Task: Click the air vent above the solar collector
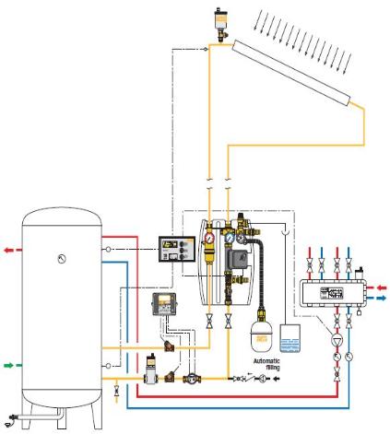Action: [220, 25]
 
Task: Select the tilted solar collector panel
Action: [291, 73]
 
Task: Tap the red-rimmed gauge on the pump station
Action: [209, 238]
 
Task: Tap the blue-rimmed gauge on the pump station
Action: [230, 238]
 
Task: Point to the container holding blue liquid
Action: [290, 338]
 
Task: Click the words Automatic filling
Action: [266, 364]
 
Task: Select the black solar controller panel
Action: [177, 249]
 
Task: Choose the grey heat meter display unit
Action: [164, 304]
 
